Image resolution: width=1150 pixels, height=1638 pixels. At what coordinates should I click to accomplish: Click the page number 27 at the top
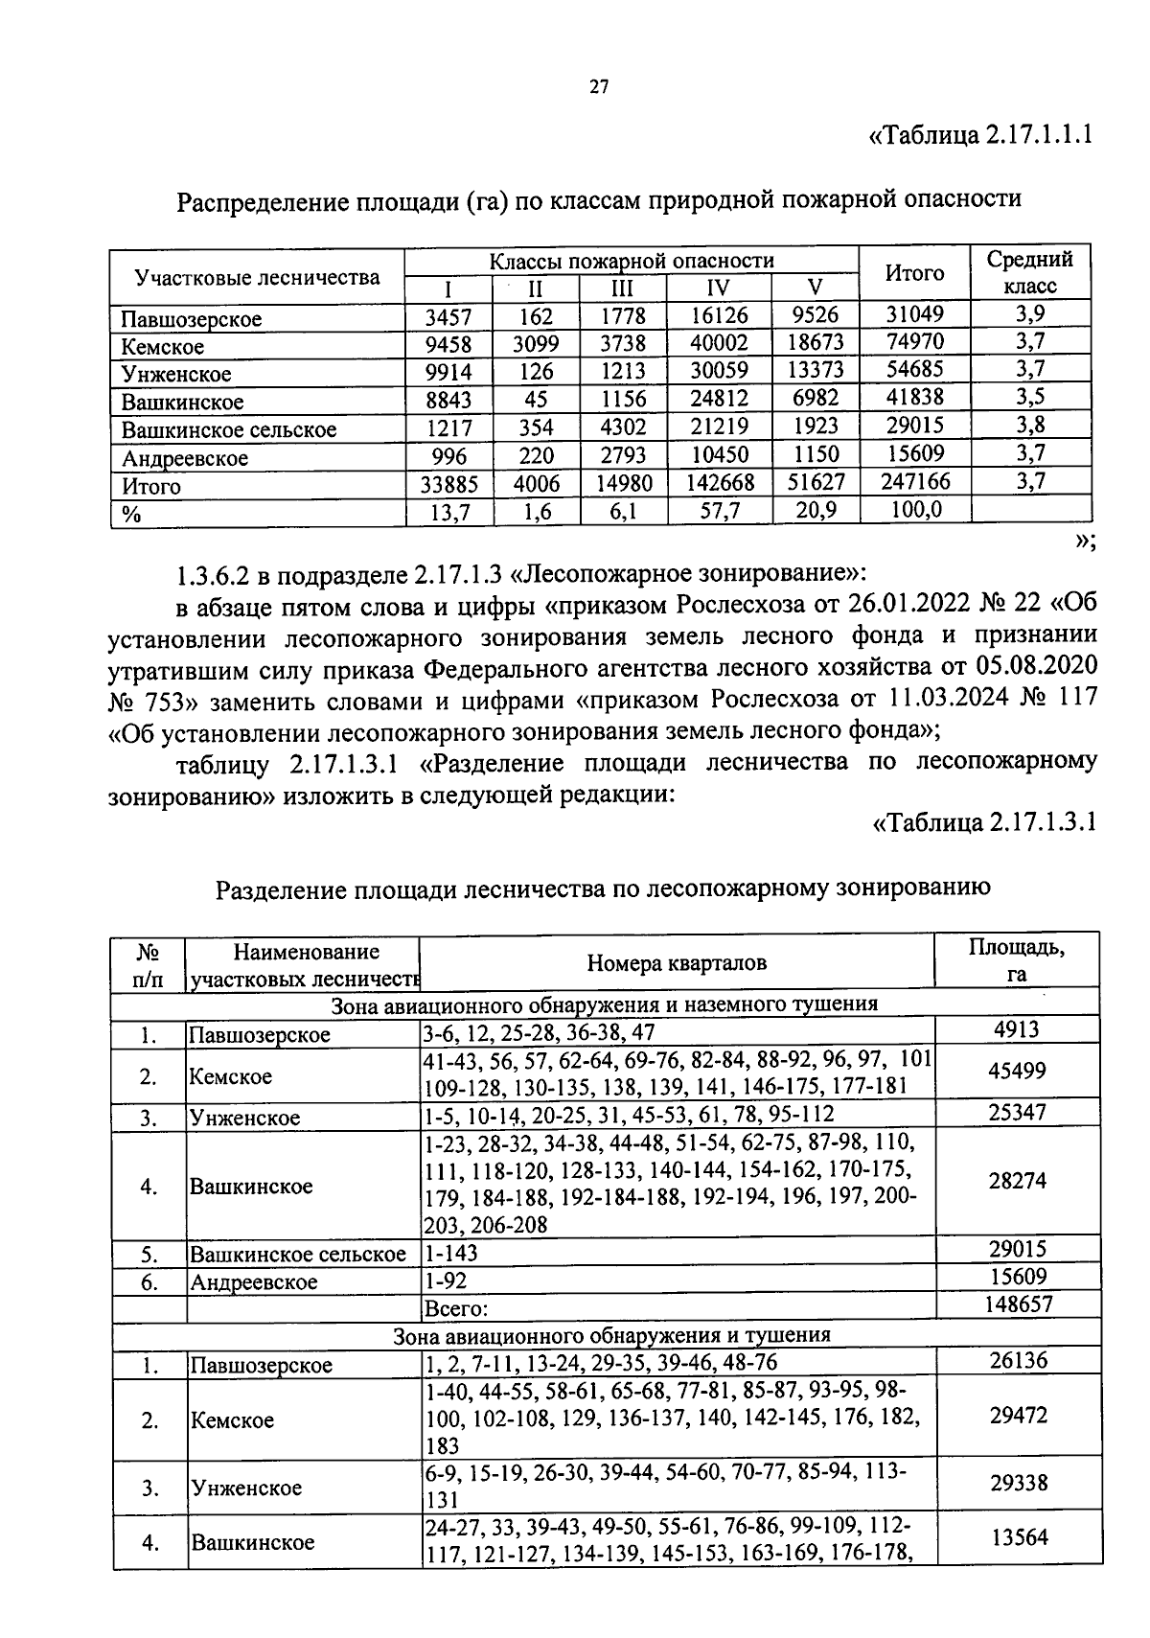[x=599, y=87]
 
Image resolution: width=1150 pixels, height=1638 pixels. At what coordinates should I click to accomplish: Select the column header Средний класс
[x=1030, y=272]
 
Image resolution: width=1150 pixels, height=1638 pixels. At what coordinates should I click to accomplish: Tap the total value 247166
[x=915, y=482]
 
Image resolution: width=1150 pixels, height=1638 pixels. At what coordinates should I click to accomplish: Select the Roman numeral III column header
[x=623, y=288]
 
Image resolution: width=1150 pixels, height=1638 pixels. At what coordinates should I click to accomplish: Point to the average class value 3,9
[x=1030, y=313]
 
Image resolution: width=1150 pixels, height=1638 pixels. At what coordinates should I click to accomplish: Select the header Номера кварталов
[x=677, y=963]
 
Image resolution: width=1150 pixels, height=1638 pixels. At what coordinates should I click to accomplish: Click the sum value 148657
[x=1017, y=1304]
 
